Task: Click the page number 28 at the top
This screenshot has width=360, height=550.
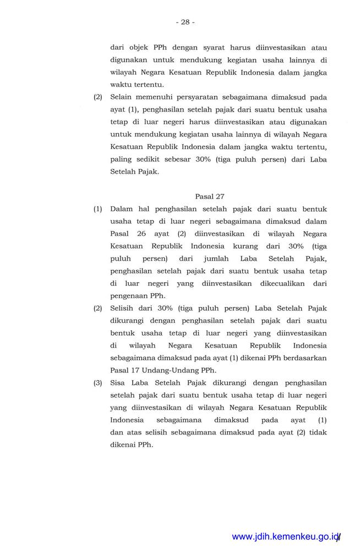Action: pyautogui.click(x=185, y=22)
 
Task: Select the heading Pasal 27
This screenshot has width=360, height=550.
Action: pyautogui.click(x=210, y=196)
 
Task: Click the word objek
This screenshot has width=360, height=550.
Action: pyautogui.click(x=139, y=47)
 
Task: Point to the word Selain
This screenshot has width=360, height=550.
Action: pyautogui.click(x=122, y=97)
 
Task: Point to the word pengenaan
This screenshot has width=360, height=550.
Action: pyautogui.click(x=130, y=295)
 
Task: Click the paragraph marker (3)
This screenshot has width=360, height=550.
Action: pyautogui.click(x=98, y=383)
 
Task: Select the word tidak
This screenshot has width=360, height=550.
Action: pyautogui.click(x=319, y=432)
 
